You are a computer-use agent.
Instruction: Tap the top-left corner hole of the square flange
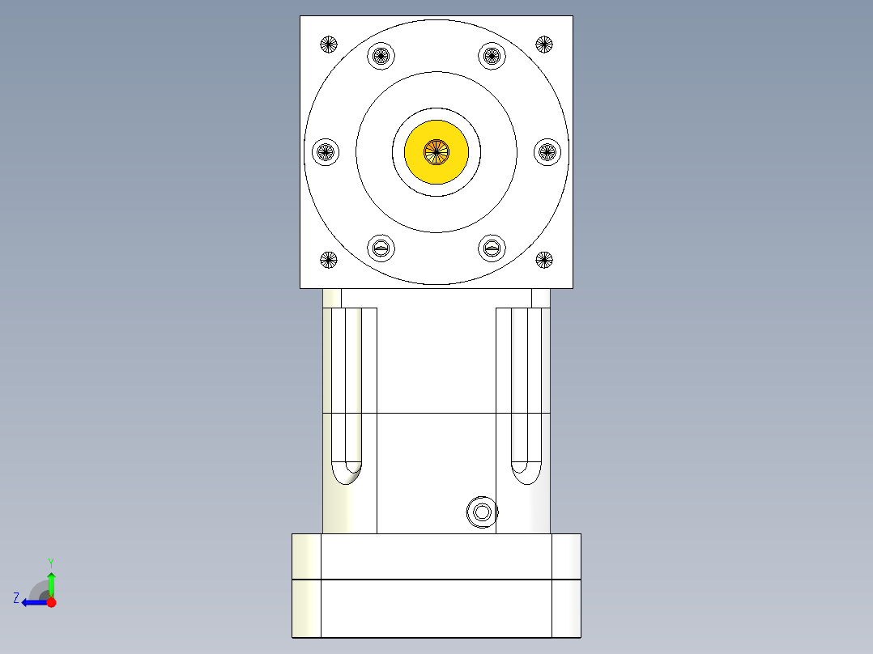click(328, 44)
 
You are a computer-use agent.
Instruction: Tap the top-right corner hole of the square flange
click(544, 44)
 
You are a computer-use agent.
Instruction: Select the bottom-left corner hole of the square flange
click(328, 260)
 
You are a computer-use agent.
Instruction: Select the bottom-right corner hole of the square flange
click(544, 260)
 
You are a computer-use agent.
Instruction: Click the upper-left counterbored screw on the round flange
click(381, 56)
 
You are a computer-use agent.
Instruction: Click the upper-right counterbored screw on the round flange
click(492, 56)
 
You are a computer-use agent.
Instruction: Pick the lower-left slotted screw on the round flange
click(381, 248)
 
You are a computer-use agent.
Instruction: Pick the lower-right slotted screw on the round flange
click(492, 248)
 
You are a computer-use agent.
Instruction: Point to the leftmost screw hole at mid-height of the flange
click(326, 151)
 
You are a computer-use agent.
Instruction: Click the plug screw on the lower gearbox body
click(481, 512)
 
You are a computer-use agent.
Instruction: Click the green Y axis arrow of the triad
click(51, 582)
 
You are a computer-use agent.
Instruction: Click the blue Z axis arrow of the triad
click(32, 601)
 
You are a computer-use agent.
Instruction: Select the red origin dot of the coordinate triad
click(51, 601)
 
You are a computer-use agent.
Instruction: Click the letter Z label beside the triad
click(16, 598)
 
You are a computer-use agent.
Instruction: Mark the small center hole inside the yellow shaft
click(436, 151)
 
